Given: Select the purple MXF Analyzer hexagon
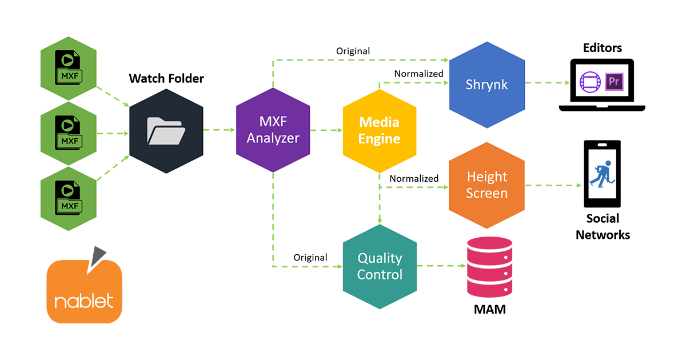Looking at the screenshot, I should pyautogui.click(x=273, y=130).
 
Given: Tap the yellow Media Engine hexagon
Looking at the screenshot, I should pyautogui.click(x=380, y=130).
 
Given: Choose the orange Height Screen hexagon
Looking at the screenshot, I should pyautogui.click(x=486, y=185).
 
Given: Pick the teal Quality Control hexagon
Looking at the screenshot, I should pyautogui.click(x=380, y=266).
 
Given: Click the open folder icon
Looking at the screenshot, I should pyautogui.click(x=166, y=131).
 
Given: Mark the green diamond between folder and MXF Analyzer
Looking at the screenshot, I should pyautogui.click(x=220, y=130).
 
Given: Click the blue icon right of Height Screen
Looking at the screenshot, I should pyautogui.click(x=603, y=174).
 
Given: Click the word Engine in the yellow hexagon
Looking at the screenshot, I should pyautogui.click(x=380, y=139).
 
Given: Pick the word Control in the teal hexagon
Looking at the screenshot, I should pyautogui.click(x=380, y=274).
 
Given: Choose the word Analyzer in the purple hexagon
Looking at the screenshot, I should pyautogui.click(x=273, y=138).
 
